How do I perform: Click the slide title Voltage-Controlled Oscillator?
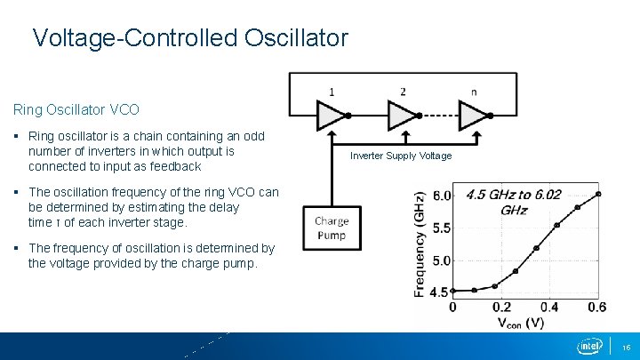point(189,38)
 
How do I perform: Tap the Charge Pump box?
point(332,228)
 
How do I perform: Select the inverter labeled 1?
point(330,114)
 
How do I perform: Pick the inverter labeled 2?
point(401,114)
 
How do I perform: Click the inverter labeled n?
point(472,114)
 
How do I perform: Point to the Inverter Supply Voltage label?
point(401,156)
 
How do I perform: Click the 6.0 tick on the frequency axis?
point(441,196)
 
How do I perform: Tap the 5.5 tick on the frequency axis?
point(441,228)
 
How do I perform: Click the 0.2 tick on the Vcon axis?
point(501,307)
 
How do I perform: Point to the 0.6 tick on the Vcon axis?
point(597,307)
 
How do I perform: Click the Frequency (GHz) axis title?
point(420,242)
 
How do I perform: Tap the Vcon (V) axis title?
point(520,323)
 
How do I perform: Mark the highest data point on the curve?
point(599,193)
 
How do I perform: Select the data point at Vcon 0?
point(453,291)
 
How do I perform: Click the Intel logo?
point(589,346)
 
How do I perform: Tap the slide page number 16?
point(626,347)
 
